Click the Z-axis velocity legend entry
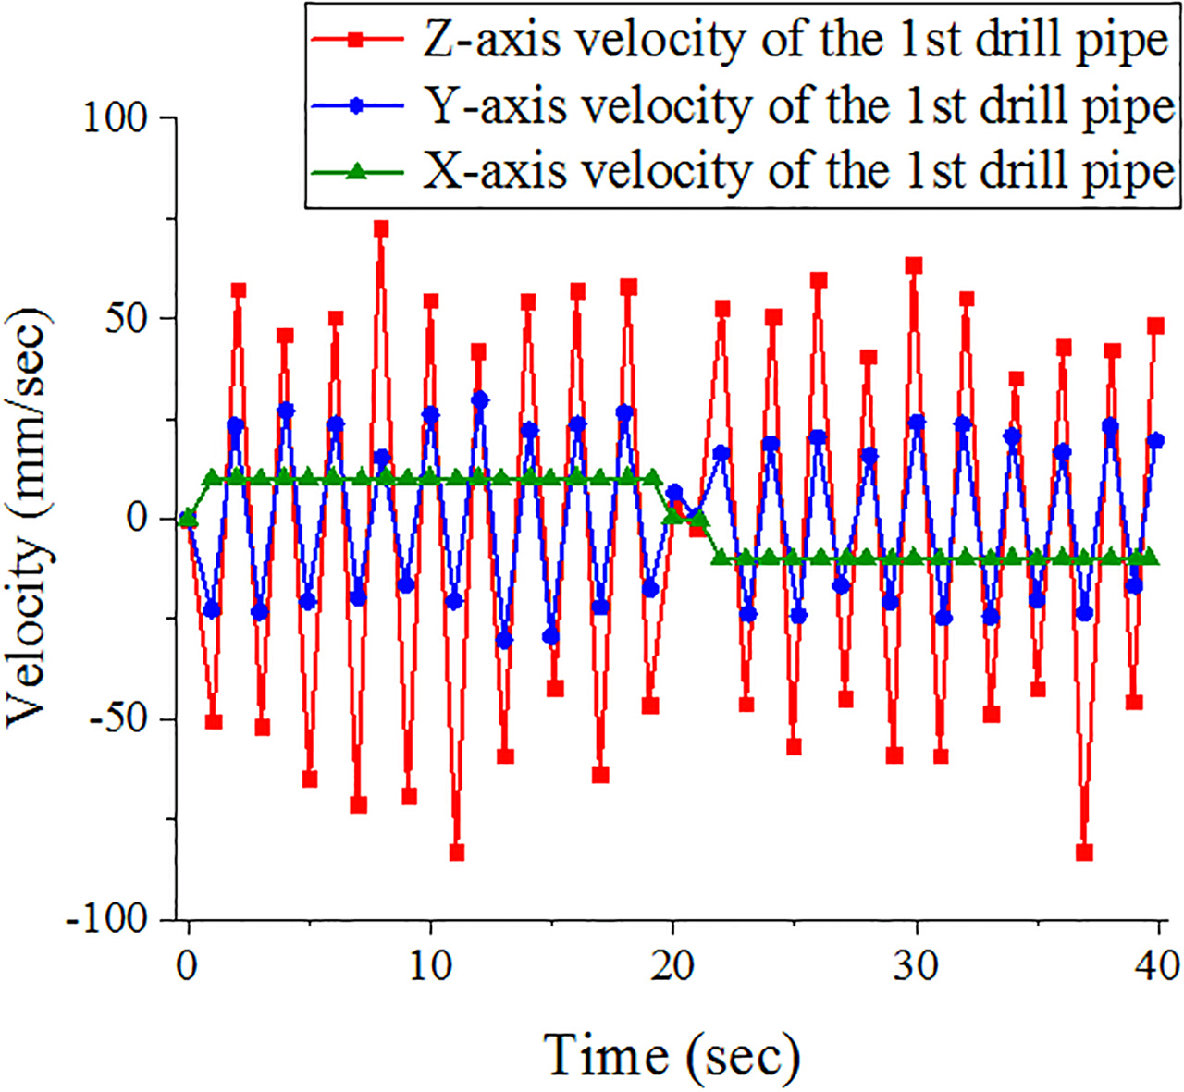(739, 41)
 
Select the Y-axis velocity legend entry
(742, 106)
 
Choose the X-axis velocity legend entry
(742, 171)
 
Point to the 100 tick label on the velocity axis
(115, 118)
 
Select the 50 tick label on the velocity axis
(127, 318)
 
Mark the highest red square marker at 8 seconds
(381, 228)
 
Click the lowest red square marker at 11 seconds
(457, 853)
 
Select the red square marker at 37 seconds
(1085, 853)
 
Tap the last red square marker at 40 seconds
(1156, 325)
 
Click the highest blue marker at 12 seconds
(480, 400)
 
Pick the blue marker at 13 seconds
(505, 641)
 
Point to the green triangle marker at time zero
(189, 518)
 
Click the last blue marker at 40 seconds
(1156, 440)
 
